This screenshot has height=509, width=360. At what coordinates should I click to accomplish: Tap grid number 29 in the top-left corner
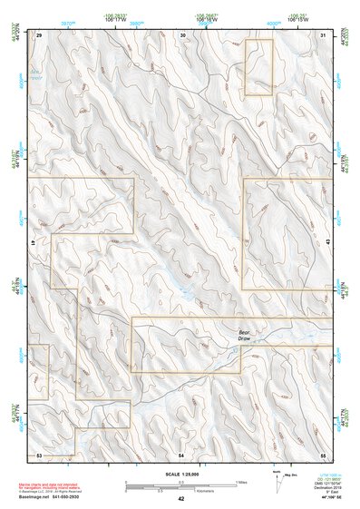39,34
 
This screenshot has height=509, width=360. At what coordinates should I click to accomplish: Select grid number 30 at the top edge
183,34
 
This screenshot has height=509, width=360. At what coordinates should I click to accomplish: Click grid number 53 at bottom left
39,453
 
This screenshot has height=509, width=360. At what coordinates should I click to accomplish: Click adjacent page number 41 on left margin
32,244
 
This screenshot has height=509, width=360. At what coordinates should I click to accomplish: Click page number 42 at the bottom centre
181,498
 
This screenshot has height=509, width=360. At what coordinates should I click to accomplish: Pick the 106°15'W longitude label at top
297,19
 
